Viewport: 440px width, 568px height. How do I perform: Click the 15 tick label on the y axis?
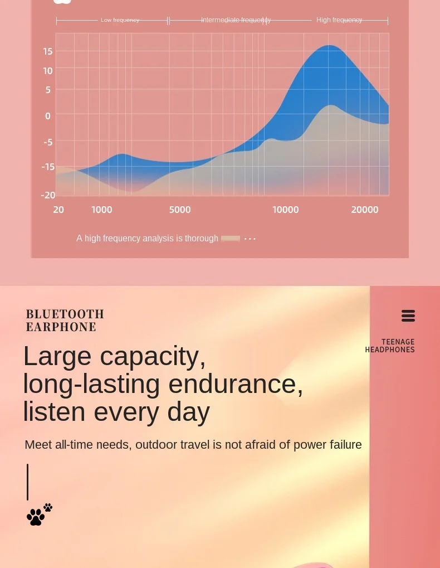(48, 51)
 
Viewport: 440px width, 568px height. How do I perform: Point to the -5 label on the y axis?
(48, 142)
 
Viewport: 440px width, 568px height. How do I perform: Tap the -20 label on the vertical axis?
(48, 195)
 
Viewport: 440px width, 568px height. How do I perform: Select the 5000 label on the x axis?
(180, 210)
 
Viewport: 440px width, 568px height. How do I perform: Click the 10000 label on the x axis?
(286, 210)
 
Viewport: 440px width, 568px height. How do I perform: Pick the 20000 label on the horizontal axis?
(365, 210)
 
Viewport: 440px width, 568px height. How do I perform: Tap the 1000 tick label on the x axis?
(102, 210)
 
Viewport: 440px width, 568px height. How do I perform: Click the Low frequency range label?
(120, 20)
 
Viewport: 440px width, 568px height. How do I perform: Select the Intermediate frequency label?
(236, 20)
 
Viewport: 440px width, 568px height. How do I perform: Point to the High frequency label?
(339, 20)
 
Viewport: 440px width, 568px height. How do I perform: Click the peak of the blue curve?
(329, 46)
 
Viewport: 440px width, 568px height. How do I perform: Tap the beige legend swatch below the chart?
(231, 239)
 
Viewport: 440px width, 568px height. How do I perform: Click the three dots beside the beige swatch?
(250, 239)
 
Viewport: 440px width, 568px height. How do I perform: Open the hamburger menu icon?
(408, 316)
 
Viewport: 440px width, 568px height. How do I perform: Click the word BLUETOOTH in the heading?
(65, 314)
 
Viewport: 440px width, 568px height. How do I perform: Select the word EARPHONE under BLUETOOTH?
(61, 327)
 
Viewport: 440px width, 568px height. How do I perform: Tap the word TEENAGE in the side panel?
(398, 342)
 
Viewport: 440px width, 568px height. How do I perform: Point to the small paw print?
(48, 507)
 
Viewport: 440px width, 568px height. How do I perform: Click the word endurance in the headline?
(236, 384)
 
